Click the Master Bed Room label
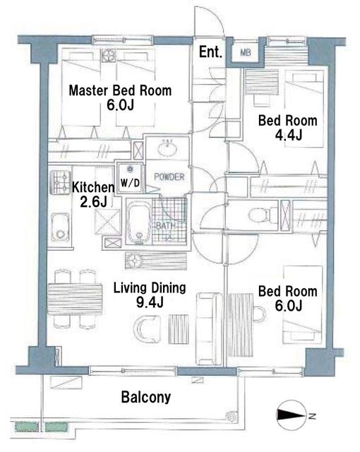tap(120, 90)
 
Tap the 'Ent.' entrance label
tap(210, 52)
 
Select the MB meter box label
tap(246, 52)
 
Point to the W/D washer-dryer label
tap(130, 183)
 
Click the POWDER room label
tap(169, 177)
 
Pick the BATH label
tap(165, 226)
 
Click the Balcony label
tap(145, 397)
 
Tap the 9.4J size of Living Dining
tap(150, 302)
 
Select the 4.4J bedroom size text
tap(289, 135)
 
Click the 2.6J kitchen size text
tap(93, 202)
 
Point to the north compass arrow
tap(291, 415)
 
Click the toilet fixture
tap(261, 215)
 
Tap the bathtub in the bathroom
tap(139, 222)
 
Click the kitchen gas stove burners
tap(60, 182)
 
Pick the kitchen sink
tap(60, 227)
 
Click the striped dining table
tap(75, 299)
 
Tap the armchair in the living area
tap(146, 329)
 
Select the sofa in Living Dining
tap(209, 328)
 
